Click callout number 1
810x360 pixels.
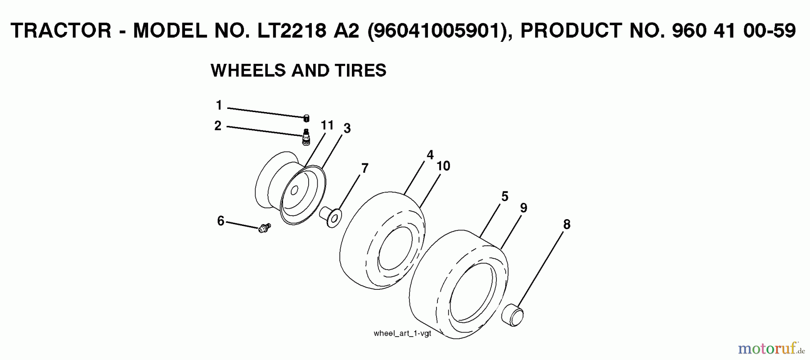[x=219, y=105]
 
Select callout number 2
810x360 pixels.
[x=218, y=126]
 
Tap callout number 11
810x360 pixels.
[x=327, y=125]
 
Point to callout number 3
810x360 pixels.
[x=346, y=129]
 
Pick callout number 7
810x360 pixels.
[x=364, y=168]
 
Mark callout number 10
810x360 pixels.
[x=443, y=166]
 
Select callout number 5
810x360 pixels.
[x=504, y=197]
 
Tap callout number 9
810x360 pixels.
[x=523, y=208]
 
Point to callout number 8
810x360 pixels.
[x=567, y=224]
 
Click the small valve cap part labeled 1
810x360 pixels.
[x=306, y=118]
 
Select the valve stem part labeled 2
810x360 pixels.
[x=306, y=136]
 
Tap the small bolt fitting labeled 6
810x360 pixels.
[x=264, y=228]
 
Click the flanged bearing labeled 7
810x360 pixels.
[x=330, y=216]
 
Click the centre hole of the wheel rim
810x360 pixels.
[x=294, y=190]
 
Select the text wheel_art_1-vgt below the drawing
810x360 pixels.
[x=402, y=333]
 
